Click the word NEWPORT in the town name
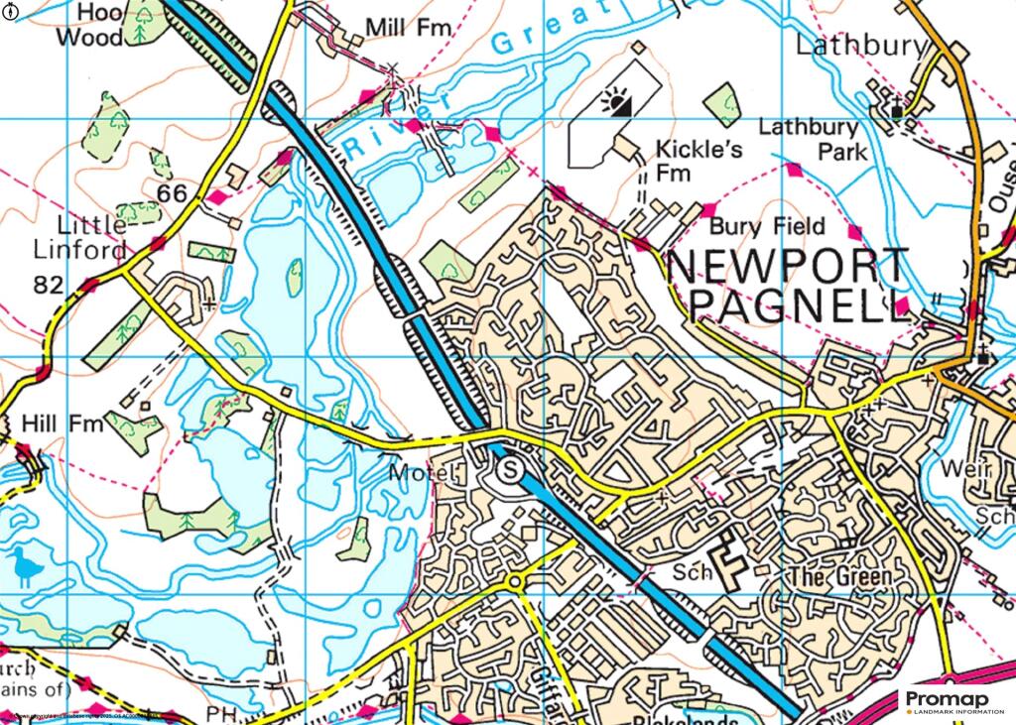point(787,266)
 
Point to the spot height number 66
point(172,193)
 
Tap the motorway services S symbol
point(510,470)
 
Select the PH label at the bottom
point(219,712)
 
